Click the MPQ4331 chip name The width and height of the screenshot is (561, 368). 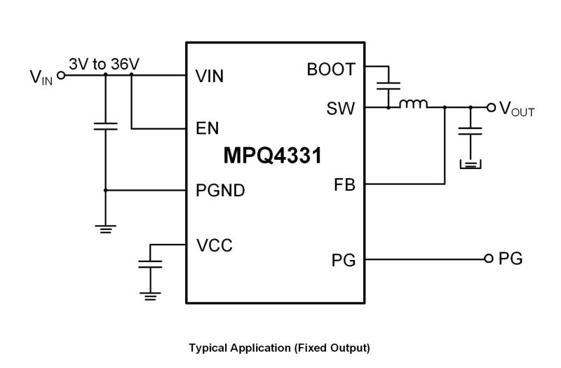[x=273, y=156]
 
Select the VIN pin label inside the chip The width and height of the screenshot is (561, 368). [x=209, y=76]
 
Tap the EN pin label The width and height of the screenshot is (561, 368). [x=207, y=128]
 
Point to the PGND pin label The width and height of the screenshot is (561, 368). [x=220, y=190]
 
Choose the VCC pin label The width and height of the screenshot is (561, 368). [x=215, y=245]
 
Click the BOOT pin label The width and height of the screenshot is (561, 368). [x=331, y=69]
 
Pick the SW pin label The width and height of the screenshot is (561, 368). [x=340, y=109]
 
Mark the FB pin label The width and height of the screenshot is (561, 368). [x=344, y=185]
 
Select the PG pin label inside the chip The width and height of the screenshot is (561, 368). [x=344, y=260]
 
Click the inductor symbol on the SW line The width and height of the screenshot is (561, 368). [x=413, y=104]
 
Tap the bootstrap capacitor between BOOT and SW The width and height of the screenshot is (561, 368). [x=388, y=86]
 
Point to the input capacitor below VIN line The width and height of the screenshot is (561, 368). [x=106, y=126]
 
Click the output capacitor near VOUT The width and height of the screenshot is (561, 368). [x=470, y=131]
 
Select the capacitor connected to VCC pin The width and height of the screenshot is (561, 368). [x=150, y=264]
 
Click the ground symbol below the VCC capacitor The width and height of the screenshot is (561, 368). [x=150, y=297]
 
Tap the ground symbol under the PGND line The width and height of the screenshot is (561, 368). [x=106, y=229]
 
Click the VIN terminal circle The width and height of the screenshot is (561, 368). [x=61, y=76]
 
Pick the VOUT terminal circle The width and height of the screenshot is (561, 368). [x=492, y=107]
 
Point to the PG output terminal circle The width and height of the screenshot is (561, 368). [x=489, y=259]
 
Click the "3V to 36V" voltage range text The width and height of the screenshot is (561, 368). [x=104, y=64]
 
